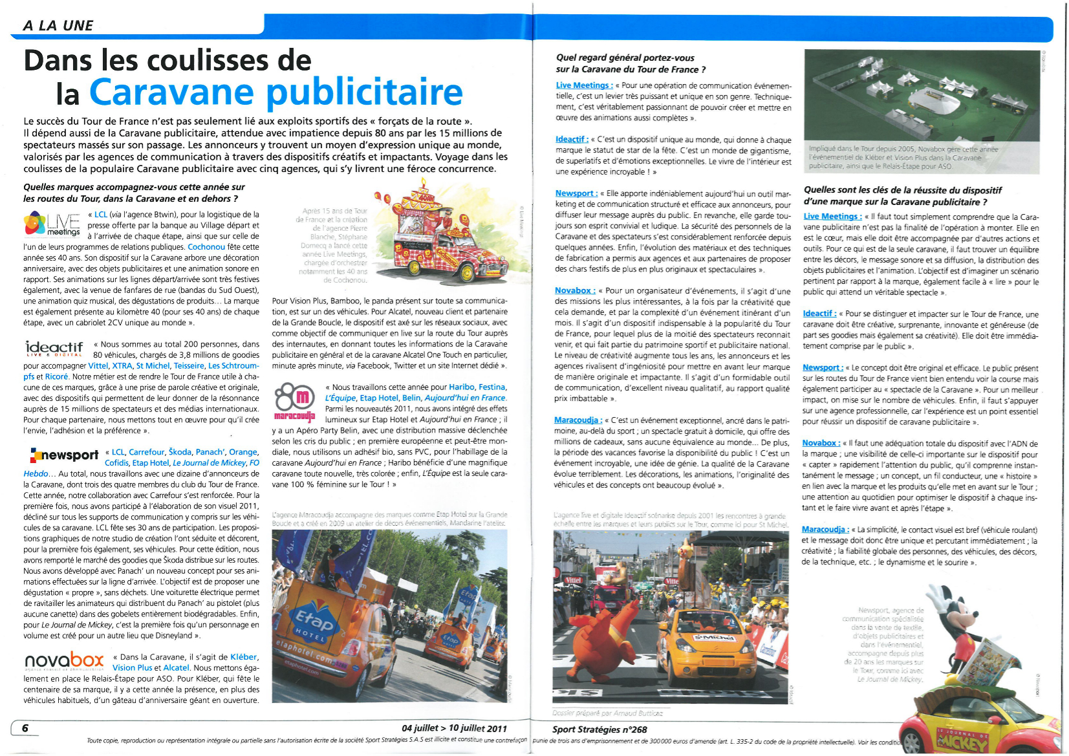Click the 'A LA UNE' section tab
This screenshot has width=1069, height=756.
(x=58, y=25)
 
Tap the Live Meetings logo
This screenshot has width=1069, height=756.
(x=52, y=223)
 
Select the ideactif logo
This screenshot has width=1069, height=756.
(x=54, y=349)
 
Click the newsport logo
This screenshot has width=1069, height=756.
(x=64, y=455)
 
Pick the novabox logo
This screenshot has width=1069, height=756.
(x=63, y=661)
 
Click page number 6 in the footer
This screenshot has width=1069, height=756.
(x=25, y=728)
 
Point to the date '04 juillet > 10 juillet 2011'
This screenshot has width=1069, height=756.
(x=454, y=728)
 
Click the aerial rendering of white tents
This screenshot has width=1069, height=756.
(x=921, y=103)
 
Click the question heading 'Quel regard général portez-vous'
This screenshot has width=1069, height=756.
(x=625, y=58)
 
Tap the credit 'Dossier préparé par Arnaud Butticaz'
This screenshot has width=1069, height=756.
(x=607, y=713)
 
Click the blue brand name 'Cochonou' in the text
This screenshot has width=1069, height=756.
(x=206, y=246)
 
